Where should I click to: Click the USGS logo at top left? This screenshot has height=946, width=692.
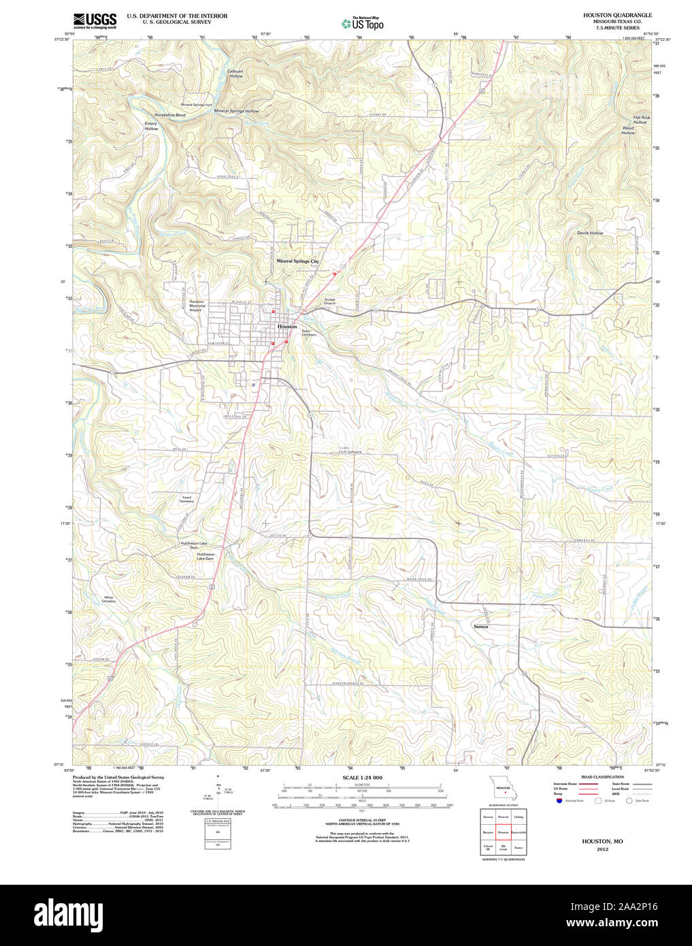pos(95,20)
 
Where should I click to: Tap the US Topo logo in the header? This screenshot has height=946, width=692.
pos(363,24)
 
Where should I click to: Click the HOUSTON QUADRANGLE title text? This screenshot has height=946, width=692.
pos(616,15)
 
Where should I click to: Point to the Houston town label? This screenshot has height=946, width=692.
pos(287,327)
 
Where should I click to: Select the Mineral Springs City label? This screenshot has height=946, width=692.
pos(297,261)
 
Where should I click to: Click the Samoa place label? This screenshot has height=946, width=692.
pos(480,626)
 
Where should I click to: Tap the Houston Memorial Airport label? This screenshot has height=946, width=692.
pos(196,306)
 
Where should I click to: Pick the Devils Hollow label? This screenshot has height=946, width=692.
pos(590,233)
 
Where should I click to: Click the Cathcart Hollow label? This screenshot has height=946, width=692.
pos(235,74)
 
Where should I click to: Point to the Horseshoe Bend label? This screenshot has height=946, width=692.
pos(169,115)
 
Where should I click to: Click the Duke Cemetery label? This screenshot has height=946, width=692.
pos(309,333)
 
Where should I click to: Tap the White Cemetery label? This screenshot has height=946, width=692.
pos(109,599)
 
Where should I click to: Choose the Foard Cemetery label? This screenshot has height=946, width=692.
pos(186,499)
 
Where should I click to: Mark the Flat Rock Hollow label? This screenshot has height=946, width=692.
pos(641,120)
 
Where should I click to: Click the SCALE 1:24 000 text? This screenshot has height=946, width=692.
pos(362,777)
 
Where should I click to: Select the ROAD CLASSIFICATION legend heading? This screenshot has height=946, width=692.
pos(602,777)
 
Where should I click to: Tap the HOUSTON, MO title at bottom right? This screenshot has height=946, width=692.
pos(602,841)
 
